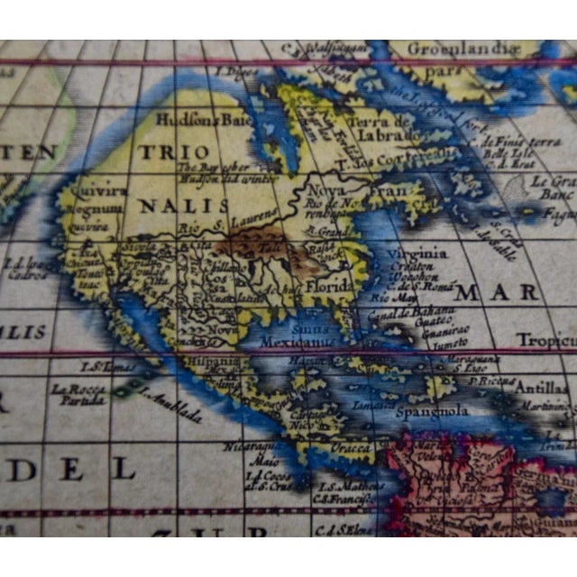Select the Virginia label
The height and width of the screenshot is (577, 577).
pos(418,253)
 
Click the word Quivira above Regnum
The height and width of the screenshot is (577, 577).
pos(92,192)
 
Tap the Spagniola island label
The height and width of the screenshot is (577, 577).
pos(433,411)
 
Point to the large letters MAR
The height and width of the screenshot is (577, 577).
pos(496,293)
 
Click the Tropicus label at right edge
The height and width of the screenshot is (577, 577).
pos(545,340)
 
